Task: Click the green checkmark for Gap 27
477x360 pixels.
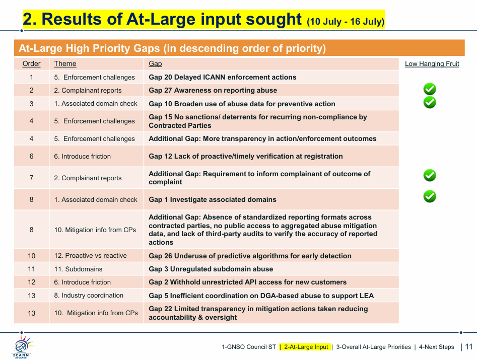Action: [x=430, y=89]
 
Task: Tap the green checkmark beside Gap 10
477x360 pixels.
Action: [x=430, y=103]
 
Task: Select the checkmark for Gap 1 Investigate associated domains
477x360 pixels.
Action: [x=430, y=196]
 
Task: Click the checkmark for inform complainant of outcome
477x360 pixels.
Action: [x=430, y=175]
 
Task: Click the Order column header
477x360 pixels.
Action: [x=31, y=63]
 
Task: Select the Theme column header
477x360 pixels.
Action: [x=65, y=63]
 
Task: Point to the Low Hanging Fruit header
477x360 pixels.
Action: [x=432, y=63]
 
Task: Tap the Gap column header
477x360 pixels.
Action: [x=155, y=63]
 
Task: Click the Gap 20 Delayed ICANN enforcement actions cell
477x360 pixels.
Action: [x=222, y=77]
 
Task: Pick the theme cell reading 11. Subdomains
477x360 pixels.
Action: [x=78, y=269]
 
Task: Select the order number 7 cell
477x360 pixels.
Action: [x=31, y=178]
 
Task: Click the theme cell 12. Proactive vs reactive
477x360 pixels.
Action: [x=90, y=256]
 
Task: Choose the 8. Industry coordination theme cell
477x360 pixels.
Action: [x=89, y=296]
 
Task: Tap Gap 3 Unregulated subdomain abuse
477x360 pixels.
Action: [x=211, y=269]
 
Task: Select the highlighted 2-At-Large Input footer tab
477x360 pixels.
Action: [x=306, y=347]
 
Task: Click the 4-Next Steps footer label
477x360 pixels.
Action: [x=436, y=347]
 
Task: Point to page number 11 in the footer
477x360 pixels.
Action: [x=469, y=346]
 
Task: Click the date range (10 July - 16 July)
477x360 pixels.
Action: [x=346, y=22]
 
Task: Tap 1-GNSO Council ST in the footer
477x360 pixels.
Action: [x=248, y=347]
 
